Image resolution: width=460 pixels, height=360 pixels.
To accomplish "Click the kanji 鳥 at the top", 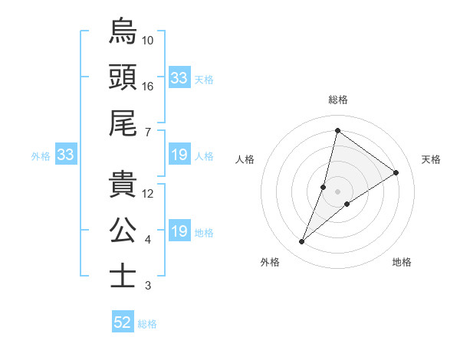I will point(123,31).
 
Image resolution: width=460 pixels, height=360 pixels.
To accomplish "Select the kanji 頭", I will point(123,77).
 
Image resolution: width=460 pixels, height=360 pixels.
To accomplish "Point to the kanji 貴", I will point(123,184).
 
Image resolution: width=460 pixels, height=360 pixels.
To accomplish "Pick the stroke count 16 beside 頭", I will point(148,87).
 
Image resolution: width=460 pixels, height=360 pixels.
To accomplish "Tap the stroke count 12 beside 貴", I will point(148,194).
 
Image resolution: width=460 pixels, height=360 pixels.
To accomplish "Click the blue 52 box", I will point(123,323).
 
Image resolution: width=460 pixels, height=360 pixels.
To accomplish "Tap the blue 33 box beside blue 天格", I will point(179,78).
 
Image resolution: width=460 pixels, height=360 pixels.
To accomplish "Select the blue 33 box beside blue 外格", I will point(65,155).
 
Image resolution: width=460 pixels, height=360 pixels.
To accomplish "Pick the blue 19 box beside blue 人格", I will point(179,155).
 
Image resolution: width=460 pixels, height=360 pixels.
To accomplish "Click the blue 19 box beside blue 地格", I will point(179,232).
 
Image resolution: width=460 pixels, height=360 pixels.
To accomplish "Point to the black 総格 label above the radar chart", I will point(338,100).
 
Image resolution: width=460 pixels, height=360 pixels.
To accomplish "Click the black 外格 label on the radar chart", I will point(270,262).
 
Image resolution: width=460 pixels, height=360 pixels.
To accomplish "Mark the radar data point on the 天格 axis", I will point(396,172).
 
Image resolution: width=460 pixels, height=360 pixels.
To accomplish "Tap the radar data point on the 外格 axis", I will point(302,242).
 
